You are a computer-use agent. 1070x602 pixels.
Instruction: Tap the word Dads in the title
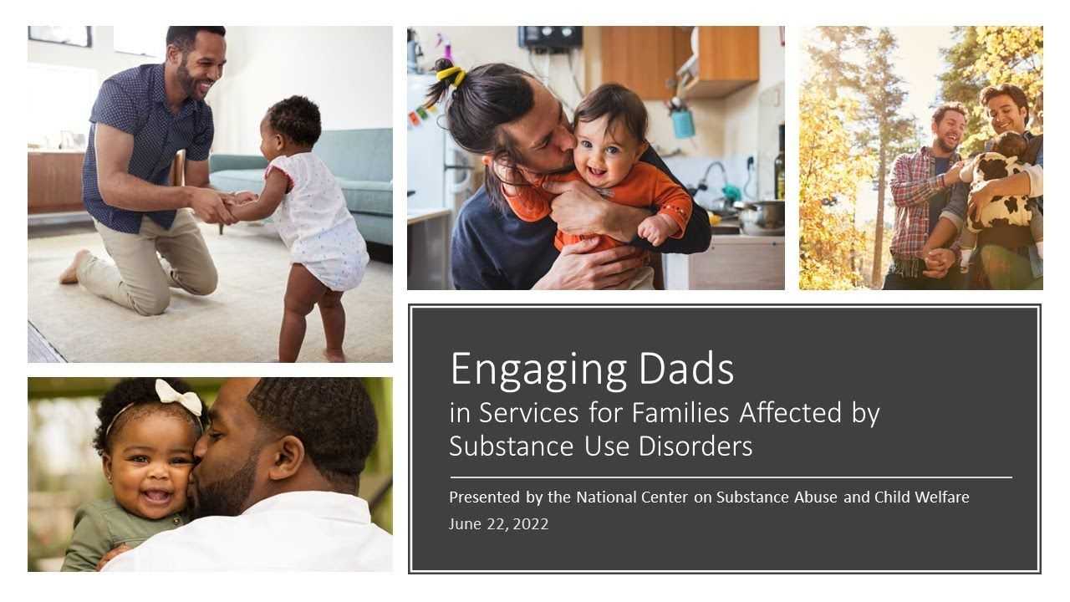pyautogui.click(x=686, y=368)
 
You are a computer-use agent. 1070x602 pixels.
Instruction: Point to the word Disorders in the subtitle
pyautogui.click(x=695, y=446)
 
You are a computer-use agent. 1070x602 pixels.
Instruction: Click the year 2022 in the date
pyautogui.click(x=530, y=524)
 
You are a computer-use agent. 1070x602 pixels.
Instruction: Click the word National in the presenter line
pyautogui.click(x=606, y=497)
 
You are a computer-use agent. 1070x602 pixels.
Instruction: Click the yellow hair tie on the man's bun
pyautogui.click(x=451, y=76)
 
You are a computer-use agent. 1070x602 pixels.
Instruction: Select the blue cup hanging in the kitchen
pyautogui.click(x=683, y=123)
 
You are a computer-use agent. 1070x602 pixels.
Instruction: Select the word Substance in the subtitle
pyautogui.click(x=512, y=446)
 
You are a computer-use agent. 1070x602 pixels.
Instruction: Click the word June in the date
pyautogui.click(x=466, y=524)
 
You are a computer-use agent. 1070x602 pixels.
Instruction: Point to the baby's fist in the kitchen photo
pyautogui.click(x=653, y=230)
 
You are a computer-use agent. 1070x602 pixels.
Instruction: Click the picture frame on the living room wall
pyautogui.click(x=59, y=36)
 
